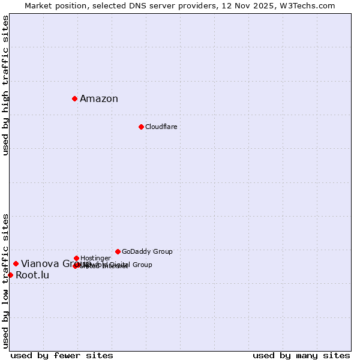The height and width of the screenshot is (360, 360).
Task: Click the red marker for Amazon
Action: point(74,98)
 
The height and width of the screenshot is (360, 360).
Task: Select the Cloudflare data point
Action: point(141,127)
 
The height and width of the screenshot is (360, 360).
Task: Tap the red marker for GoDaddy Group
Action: point(118,251)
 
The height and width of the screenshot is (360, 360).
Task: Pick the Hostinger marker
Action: point(76,258)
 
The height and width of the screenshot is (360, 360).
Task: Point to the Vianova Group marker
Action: point(16,263)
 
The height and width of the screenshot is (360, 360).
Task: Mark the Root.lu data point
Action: point(10,275)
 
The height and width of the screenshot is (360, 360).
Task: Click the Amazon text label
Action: point(99,99)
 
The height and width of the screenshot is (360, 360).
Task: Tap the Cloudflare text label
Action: point(161,127)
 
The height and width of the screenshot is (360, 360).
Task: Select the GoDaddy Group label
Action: point(147,251)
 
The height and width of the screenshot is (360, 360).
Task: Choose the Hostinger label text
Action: point(95,258)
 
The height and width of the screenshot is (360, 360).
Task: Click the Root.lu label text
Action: point(32,275)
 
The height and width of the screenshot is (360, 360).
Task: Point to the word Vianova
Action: point(40,264)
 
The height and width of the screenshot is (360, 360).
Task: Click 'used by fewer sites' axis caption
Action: point(62,355)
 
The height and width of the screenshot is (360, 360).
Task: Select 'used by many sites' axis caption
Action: point(301,355)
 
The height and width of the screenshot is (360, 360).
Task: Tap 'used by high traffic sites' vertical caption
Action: point(6,86)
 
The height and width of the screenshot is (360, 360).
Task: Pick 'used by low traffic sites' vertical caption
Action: point(6,280)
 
